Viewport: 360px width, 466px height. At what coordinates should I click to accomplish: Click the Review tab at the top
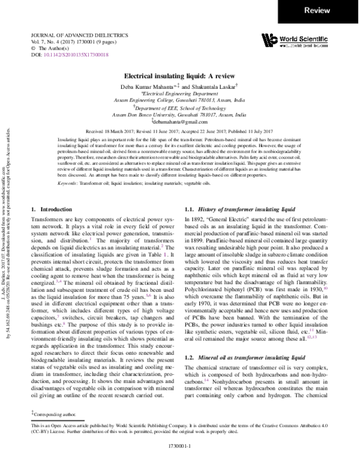pyautogui.click(x=329, y=10)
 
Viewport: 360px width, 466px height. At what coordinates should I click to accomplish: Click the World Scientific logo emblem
pyautogui.click(x=270, y=40)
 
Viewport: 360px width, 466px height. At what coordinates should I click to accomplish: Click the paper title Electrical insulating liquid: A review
pyautogui.click(x=180, y=77)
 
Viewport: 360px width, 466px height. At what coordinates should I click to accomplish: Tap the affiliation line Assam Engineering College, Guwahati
pyautogui.click(x=180, y=100)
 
